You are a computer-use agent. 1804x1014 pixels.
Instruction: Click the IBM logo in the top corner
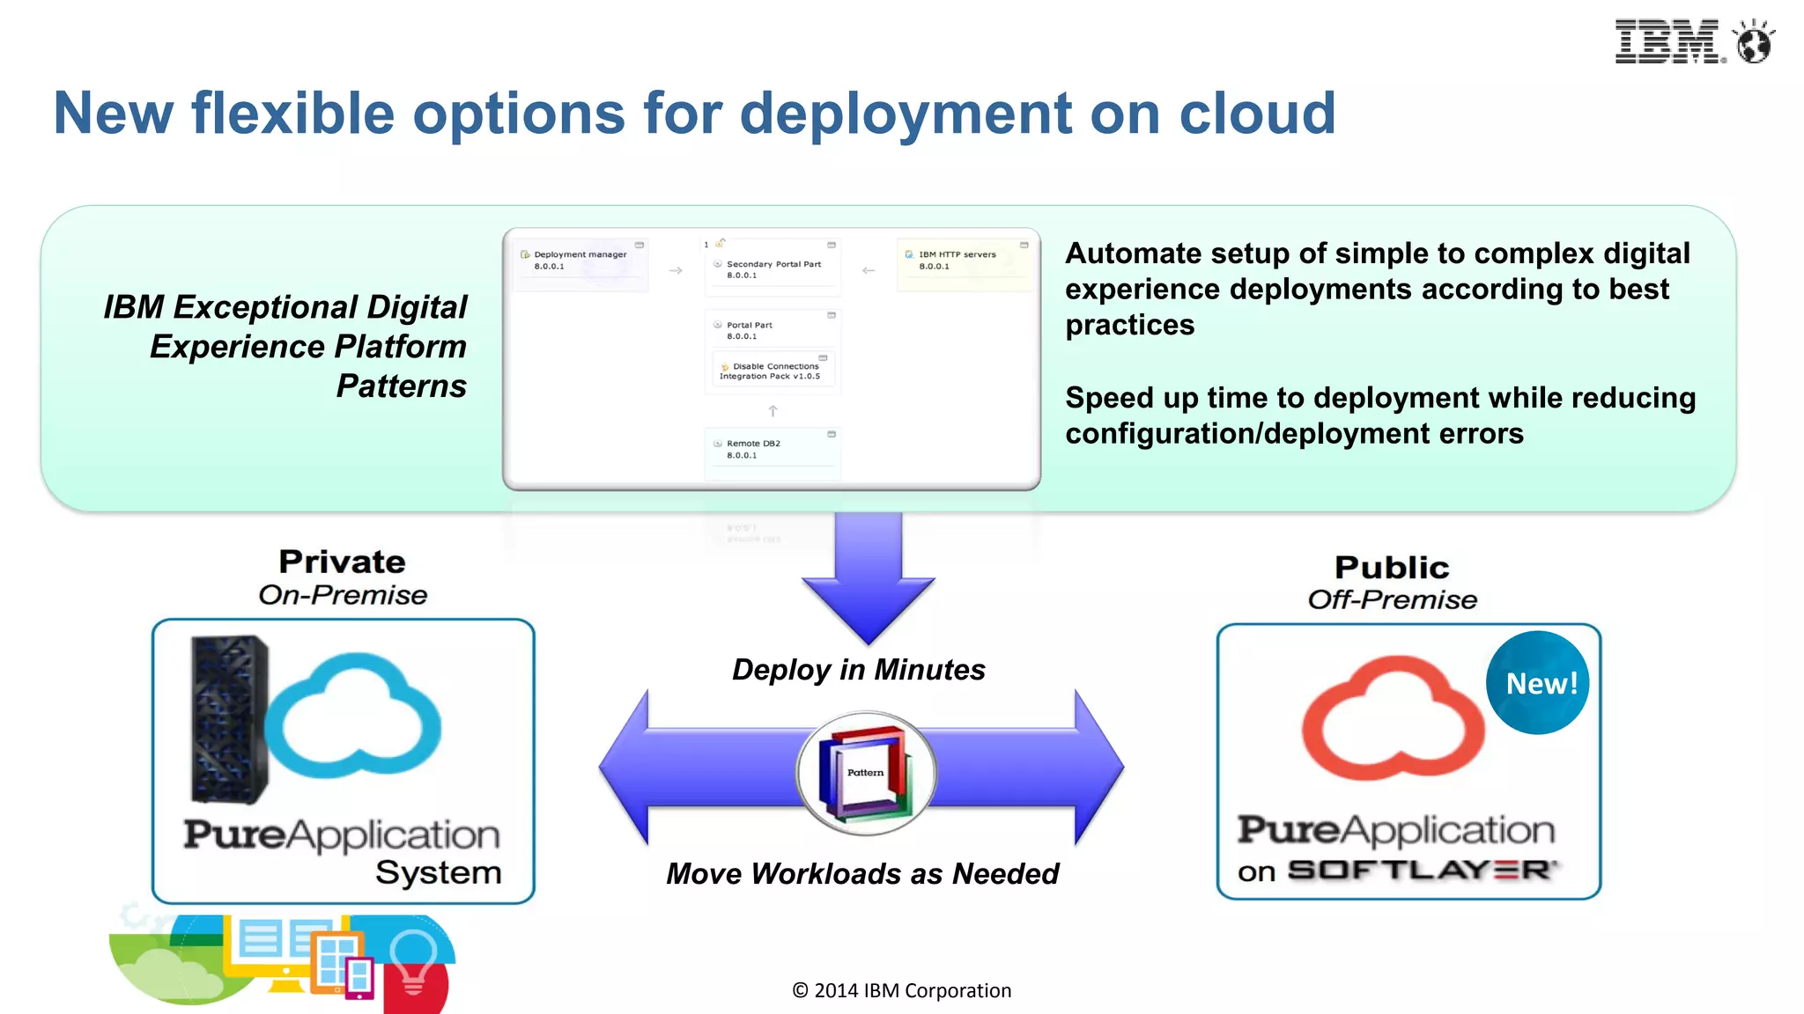point(1667,42)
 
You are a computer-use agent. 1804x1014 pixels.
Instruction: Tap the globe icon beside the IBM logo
point(1753,42)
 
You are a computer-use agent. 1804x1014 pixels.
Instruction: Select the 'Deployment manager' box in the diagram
point(580,261)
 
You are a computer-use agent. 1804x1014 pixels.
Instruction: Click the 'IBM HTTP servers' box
point(964,261)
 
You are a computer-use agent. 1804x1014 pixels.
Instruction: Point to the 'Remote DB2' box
point(772,450)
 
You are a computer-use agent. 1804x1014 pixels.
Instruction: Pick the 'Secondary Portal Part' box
point(772,268)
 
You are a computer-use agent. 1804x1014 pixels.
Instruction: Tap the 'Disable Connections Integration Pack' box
point(772,371)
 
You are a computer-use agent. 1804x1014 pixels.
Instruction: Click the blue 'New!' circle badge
point(1538,683)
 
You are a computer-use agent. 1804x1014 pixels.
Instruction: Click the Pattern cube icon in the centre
point(865,773)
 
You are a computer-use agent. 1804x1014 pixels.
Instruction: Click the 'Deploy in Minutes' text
point(859,670)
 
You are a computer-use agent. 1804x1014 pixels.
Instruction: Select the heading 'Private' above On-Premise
point(342,562)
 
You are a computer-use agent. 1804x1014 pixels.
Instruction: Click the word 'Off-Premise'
point(1392,600)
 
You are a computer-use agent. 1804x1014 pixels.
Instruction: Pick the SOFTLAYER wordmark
point(1422,871)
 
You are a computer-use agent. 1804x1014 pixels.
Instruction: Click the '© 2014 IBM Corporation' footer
point(901,991)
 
